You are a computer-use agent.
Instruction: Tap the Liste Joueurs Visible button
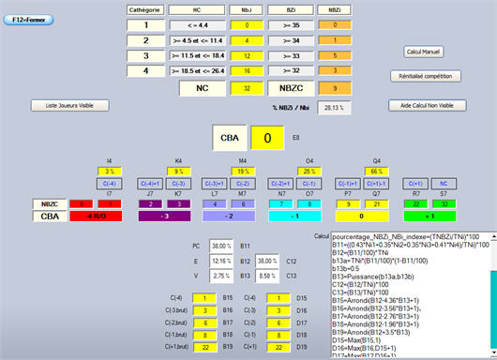pos(70,105)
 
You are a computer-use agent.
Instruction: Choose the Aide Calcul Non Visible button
pos(427,105)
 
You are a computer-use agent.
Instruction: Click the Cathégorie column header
pos(147,9)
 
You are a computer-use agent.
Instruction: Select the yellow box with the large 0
pos(266,138)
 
